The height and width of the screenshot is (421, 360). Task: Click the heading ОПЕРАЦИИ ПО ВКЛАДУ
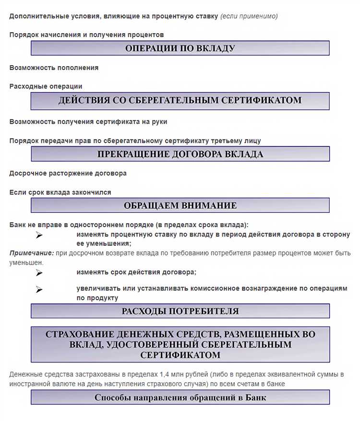coord(180,48)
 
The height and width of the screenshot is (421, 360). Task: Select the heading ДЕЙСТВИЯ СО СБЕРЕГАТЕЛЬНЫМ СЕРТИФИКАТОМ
coord(180,101)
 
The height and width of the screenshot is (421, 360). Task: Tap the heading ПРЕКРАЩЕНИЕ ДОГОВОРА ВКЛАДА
coord(180,154)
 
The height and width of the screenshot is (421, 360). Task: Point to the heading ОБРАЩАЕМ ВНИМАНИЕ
coord(180,206)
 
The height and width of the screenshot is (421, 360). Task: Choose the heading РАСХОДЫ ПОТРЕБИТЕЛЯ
coord(180,311)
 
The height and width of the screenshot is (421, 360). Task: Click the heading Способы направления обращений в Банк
coord(180,398)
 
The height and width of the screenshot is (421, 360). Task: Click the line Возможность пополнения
coord(54,68)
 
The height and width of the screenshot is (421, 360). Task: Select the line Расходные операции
coord(46,86)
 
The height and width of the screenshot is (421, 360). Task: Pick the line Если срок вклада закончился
coord(60,192)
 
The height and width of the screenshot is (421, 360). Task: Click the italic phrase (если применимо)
coord(249,16)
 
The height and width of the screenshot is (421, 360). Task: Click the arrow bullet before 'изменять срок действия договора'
coord(39,273)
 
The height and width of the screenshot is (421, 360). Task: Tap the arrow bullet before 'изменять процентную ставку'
coord(39,235)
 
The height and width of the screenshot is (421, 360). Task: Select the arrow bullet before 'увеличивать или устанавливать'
coord(39,290)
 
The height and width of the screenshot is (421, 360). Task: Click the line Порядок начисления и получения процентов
coord(86,35)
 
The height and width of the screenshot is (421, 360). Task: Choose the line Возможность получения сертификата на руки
coord(88,122)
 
